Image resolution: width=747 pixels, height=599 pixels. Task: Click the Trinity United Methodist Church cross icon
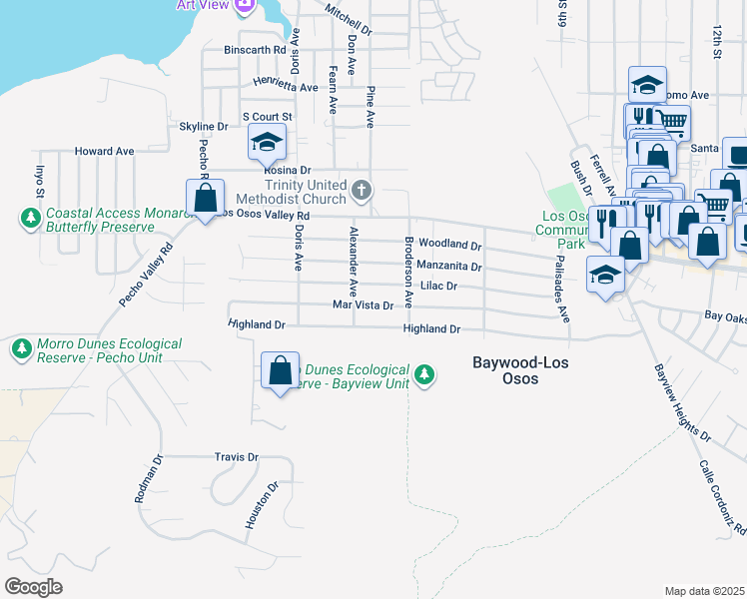(363, 189)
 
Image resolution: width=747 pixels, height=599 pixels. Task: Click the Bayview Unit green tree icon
(425, 374)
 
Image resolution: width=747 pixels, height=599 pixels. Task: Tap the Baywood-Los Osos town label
(519, 370)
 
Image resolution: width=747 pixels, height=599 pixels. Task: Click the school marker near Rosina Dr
(267, 144)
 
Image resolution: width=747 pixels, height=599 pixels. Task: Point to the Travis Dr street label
(236, 457)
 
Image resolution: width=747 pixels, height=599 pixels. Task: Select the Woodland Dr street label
(449, 245)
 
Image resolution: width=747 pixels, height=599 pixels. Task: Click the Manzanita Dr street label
(449, 267)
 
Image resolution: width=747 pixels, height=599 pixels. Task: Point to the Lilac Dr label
(438, 286)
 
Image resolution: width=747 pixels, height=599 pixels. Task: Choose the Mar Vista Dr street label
(363, 305)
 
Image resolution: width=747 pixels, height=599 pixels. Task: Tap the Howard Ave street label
(104, 152)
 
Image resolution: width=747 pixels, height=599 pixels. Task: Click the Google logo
(33, 586)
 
